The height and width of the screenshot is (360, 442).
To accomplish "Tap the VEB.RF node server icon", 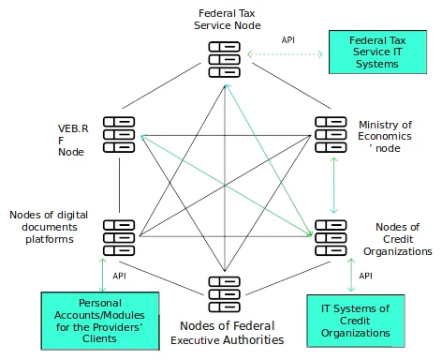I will click(x=120, y=133).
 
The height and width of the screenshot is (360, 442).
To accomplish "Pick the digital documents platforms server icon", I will click(x=120, y=237).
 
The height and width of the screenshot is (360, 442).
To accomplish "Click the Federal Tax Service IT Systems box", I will click(x=377, y=52).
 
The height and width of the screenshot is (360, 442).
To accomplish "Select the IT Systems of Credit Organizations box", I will click(x=355, y=321).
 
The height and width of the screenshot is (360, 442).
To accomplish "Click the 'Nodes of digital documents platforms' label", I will click(x=49, y=227).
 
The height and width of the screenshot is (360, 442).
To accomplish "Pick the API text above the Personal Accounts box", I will click(x=119, y=276).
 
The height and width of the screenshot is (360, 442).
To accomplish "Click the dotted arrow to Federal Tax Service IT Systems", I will click(x=285, y=55).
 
